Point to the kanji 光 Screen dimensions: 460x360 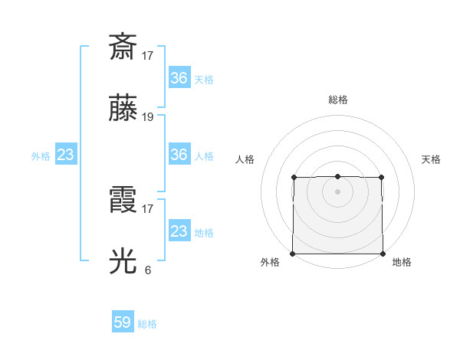click(x=123, y=260)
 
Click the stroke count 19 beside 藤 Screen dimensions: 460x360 click(x=148, y=117)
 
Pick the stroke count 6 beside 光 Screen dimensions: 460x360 click(x=148, y=270)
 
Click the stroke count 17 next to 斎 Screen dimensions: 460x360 click(x=148, y=55)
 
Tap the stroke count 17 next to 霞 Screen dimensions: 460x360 click(x=148, y=208)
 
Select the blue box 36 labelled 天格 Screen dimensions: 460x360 click(x=179, y=77)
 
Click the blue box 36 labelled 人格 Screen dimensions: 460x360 click(x=179, y=155)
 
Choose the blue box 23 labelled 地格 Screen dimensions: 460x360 click(x=179, y=231)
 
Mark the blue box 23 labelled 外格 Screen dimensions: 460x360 click(x=66, y=155)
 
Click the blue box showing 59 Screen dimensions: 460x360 click(x=123, y=322)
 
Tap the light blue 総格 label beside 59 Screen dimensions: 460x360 click(x=147, y=324)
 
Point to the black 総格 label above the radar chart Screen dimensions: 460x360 click(x=338, y=100)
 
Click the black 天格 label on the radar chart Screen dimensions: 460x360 click(x=432, y=159)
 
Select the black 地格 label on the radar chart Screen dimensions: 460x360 click(x=402, y=262)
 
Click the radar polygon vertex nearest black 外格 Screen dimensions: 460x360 click(x=293, y=254)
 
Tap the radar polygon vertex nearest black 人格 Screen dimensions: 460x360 click(x=294, y=177)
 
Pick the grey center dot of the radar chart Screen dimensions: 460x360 click(x=337, y=191)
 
